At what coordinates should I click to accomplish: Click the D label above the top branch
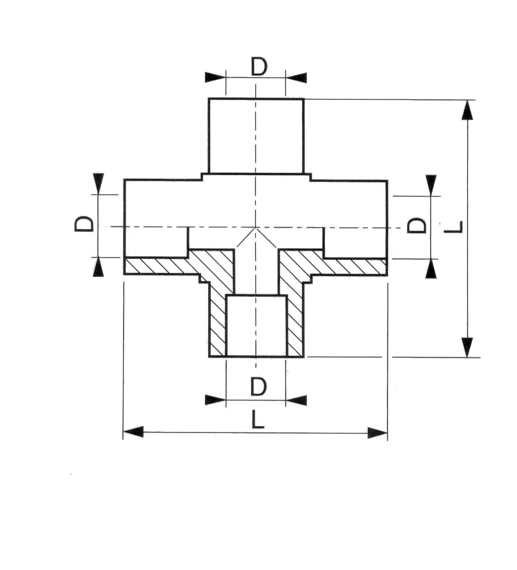click(259, 67)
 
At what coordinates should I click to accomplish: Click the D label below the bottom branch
click(258, 387)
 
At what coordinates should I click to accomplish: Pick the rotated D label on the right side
click(416, 226)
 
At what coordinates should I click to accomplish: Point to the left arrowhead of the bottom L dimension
click(133, 432)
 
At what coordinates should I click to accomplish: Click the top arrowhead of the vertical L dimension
click(467, 110)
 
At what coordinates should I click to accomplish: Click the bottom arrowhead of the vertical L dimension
click(467, 348)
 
